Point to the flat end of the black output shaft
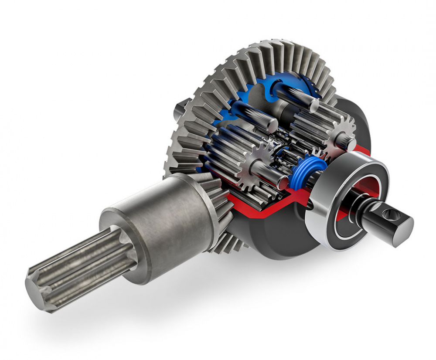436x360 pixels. coord(403,230)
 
